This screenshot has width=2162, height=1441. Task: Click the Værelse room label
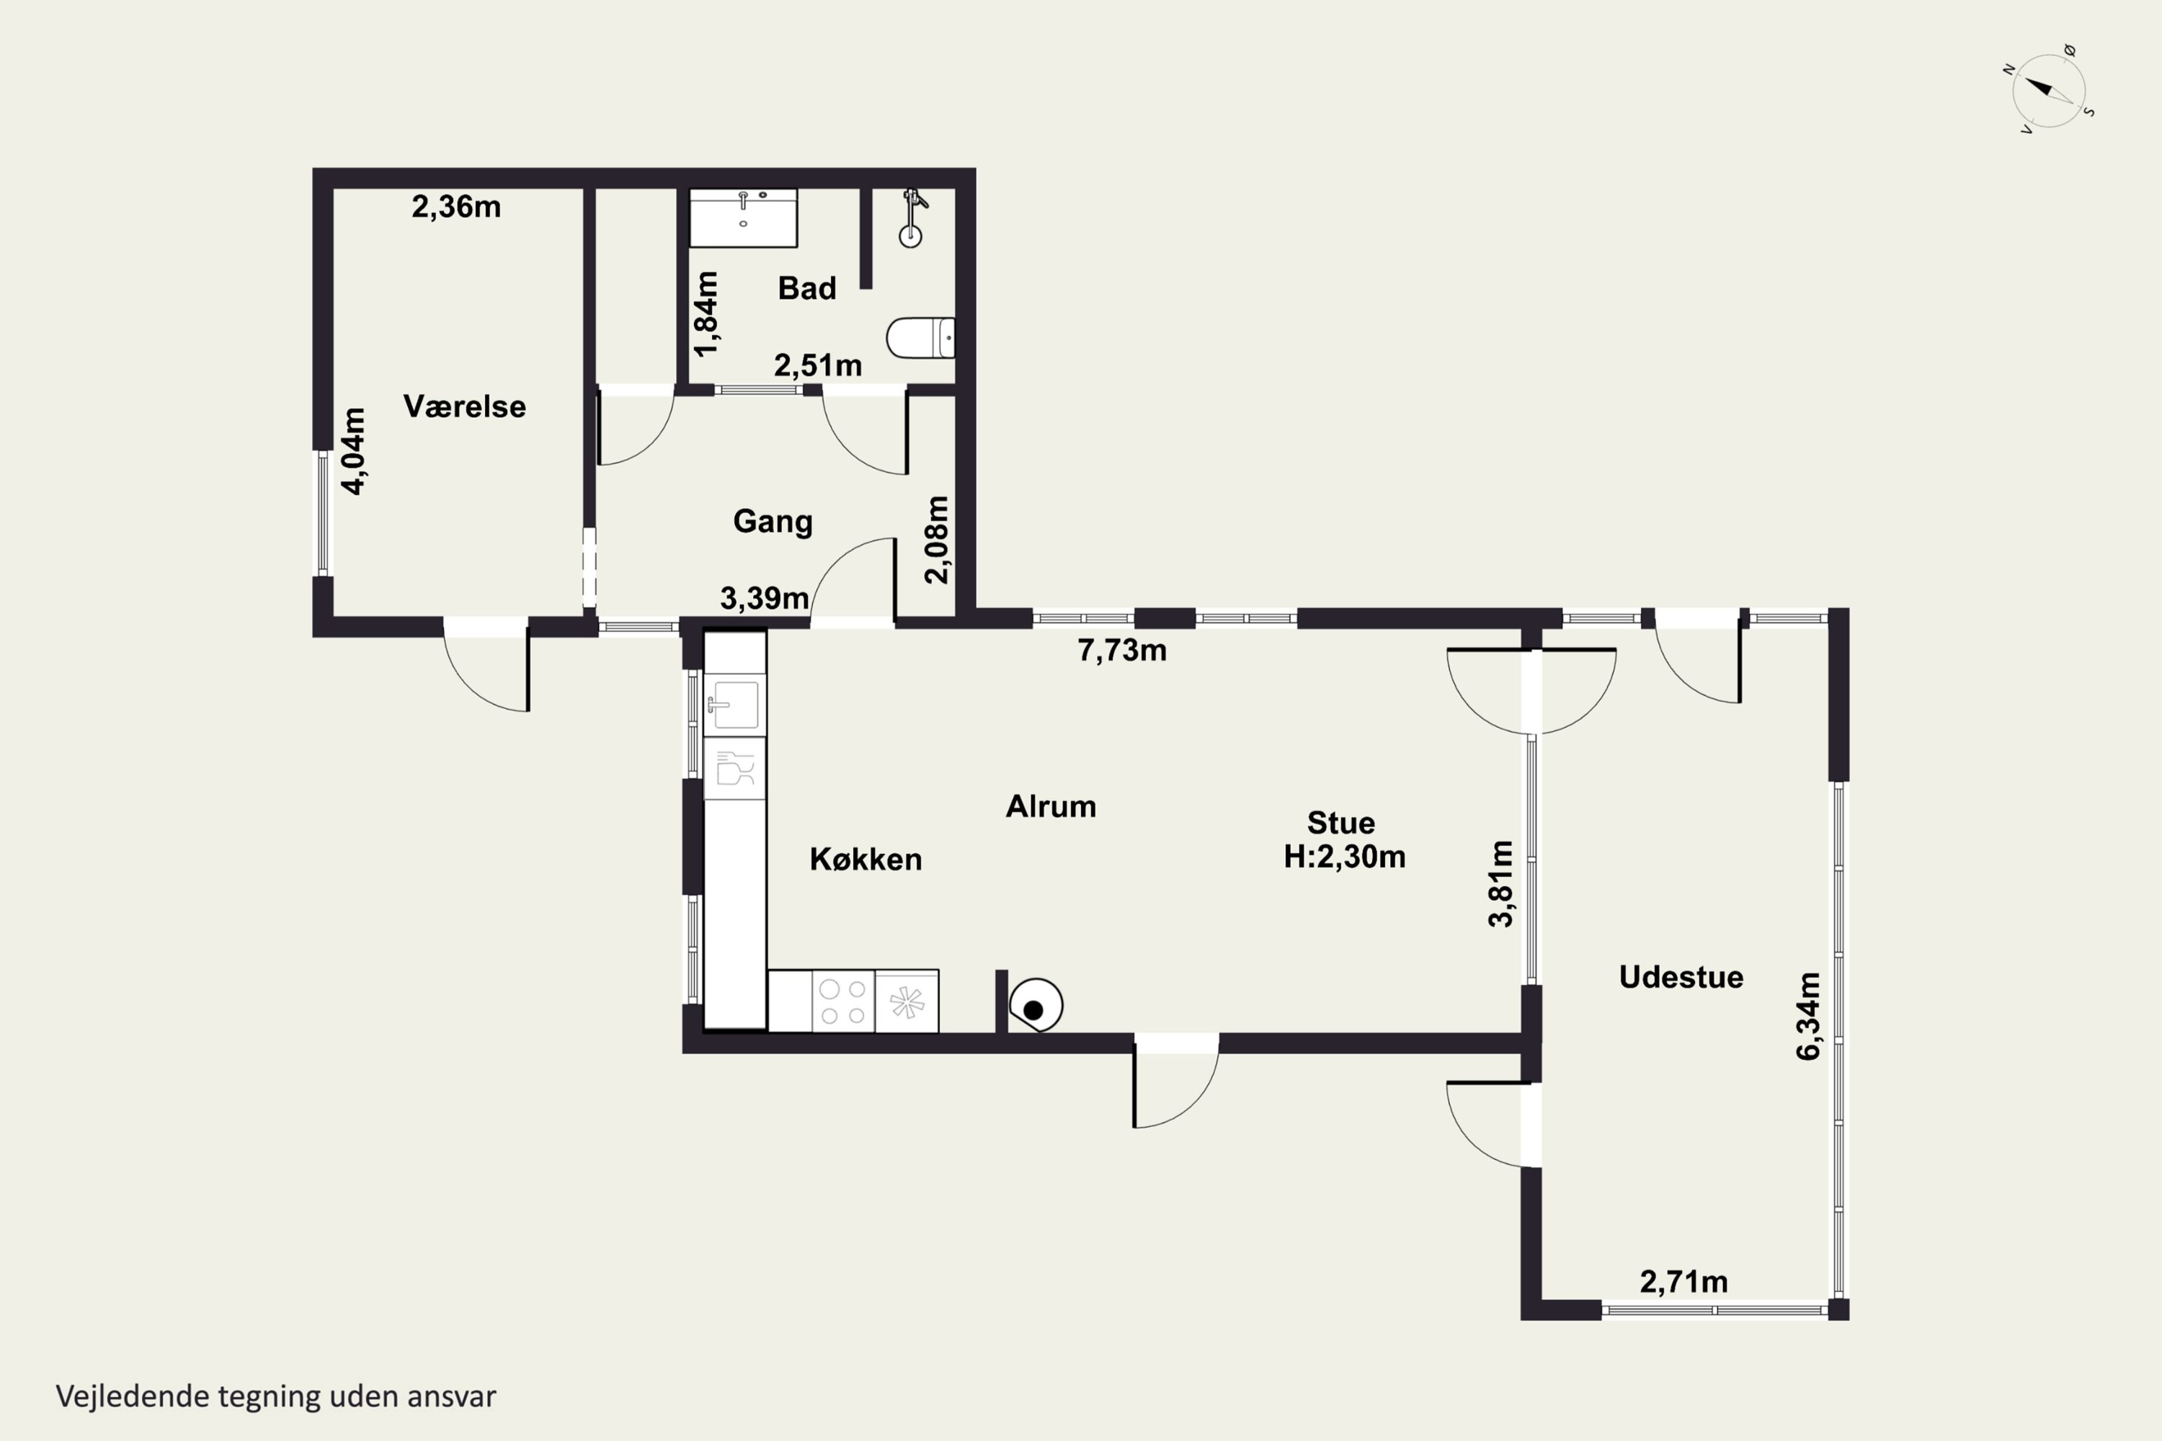tap(464, 406)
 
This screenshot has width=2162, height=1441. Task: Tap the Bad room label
tap(807, 287)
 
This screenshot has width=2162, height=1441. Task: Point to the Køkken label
tap(866, 860)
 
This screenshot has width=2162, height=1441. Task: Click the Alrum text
tap(1051, 806)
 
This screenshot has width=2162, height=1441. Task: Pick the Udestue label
tap(1681, 977)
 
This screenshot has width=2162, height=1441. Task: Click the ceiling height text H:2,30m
tap(1345, 857)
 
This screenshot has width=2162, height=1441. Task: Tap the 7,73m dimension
tap(1122, 651)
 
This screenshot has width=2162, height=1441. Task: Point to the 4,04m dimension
tap(354, 451)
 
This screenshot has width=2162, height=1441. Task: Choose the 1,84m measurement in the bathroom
tap(707, 313)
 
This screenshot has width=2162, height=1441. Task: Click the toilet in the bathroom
tap(920, 338)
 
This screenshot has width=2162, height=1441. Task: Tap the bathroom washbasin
tap(744, 218)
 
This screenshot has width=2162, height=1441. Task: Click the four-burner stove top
tap(843, 1001)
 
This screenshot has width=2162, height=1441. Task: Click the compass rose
tap(2049, 91)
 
